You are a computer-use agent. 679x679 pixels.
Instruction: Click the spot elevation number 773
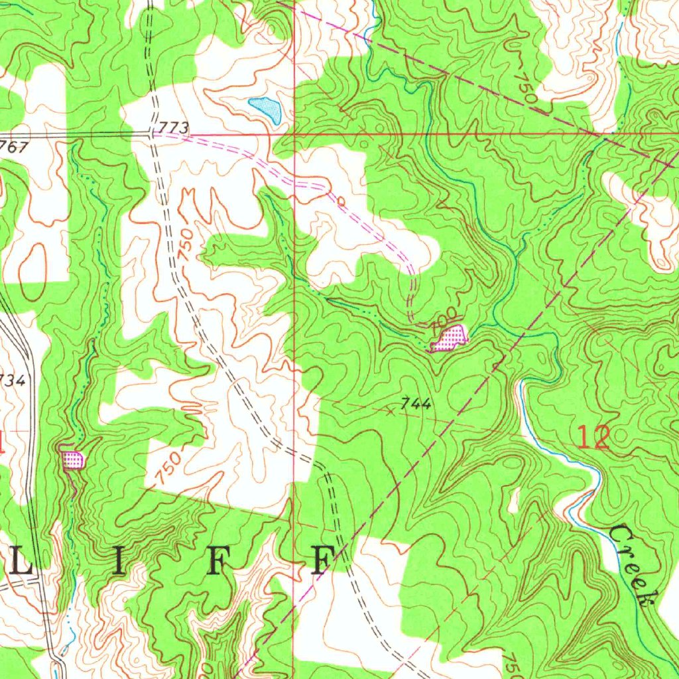[x=174, y=127]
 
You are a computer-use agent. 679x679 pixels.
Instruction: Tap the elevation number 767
[x=13, y=147]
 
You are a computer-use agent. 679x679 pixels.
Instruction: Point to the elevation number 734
[x=12, y=380]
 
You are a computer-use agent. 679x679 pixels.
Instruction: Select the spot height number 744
[x=417, y=403]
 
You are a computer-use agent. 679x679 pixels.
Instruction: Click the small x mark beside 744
[x=391, y=411]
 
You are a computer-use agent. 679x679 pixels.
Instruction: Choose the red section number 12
[x=593, y=438]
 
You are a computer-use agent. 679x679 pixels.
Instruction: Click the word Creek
[x=633, y=564]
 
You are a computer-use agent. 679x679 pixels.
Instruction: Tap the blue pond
[x=265, y=109]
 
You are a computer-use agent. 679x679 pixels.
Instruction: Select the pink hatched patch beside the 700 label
[x=450, y=338]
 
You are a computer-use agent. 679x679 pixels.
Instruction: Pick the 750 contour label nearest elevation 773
[x=186, y=245]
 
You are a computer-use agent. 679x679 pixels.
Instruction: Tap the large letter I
[x=118, y=562]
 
